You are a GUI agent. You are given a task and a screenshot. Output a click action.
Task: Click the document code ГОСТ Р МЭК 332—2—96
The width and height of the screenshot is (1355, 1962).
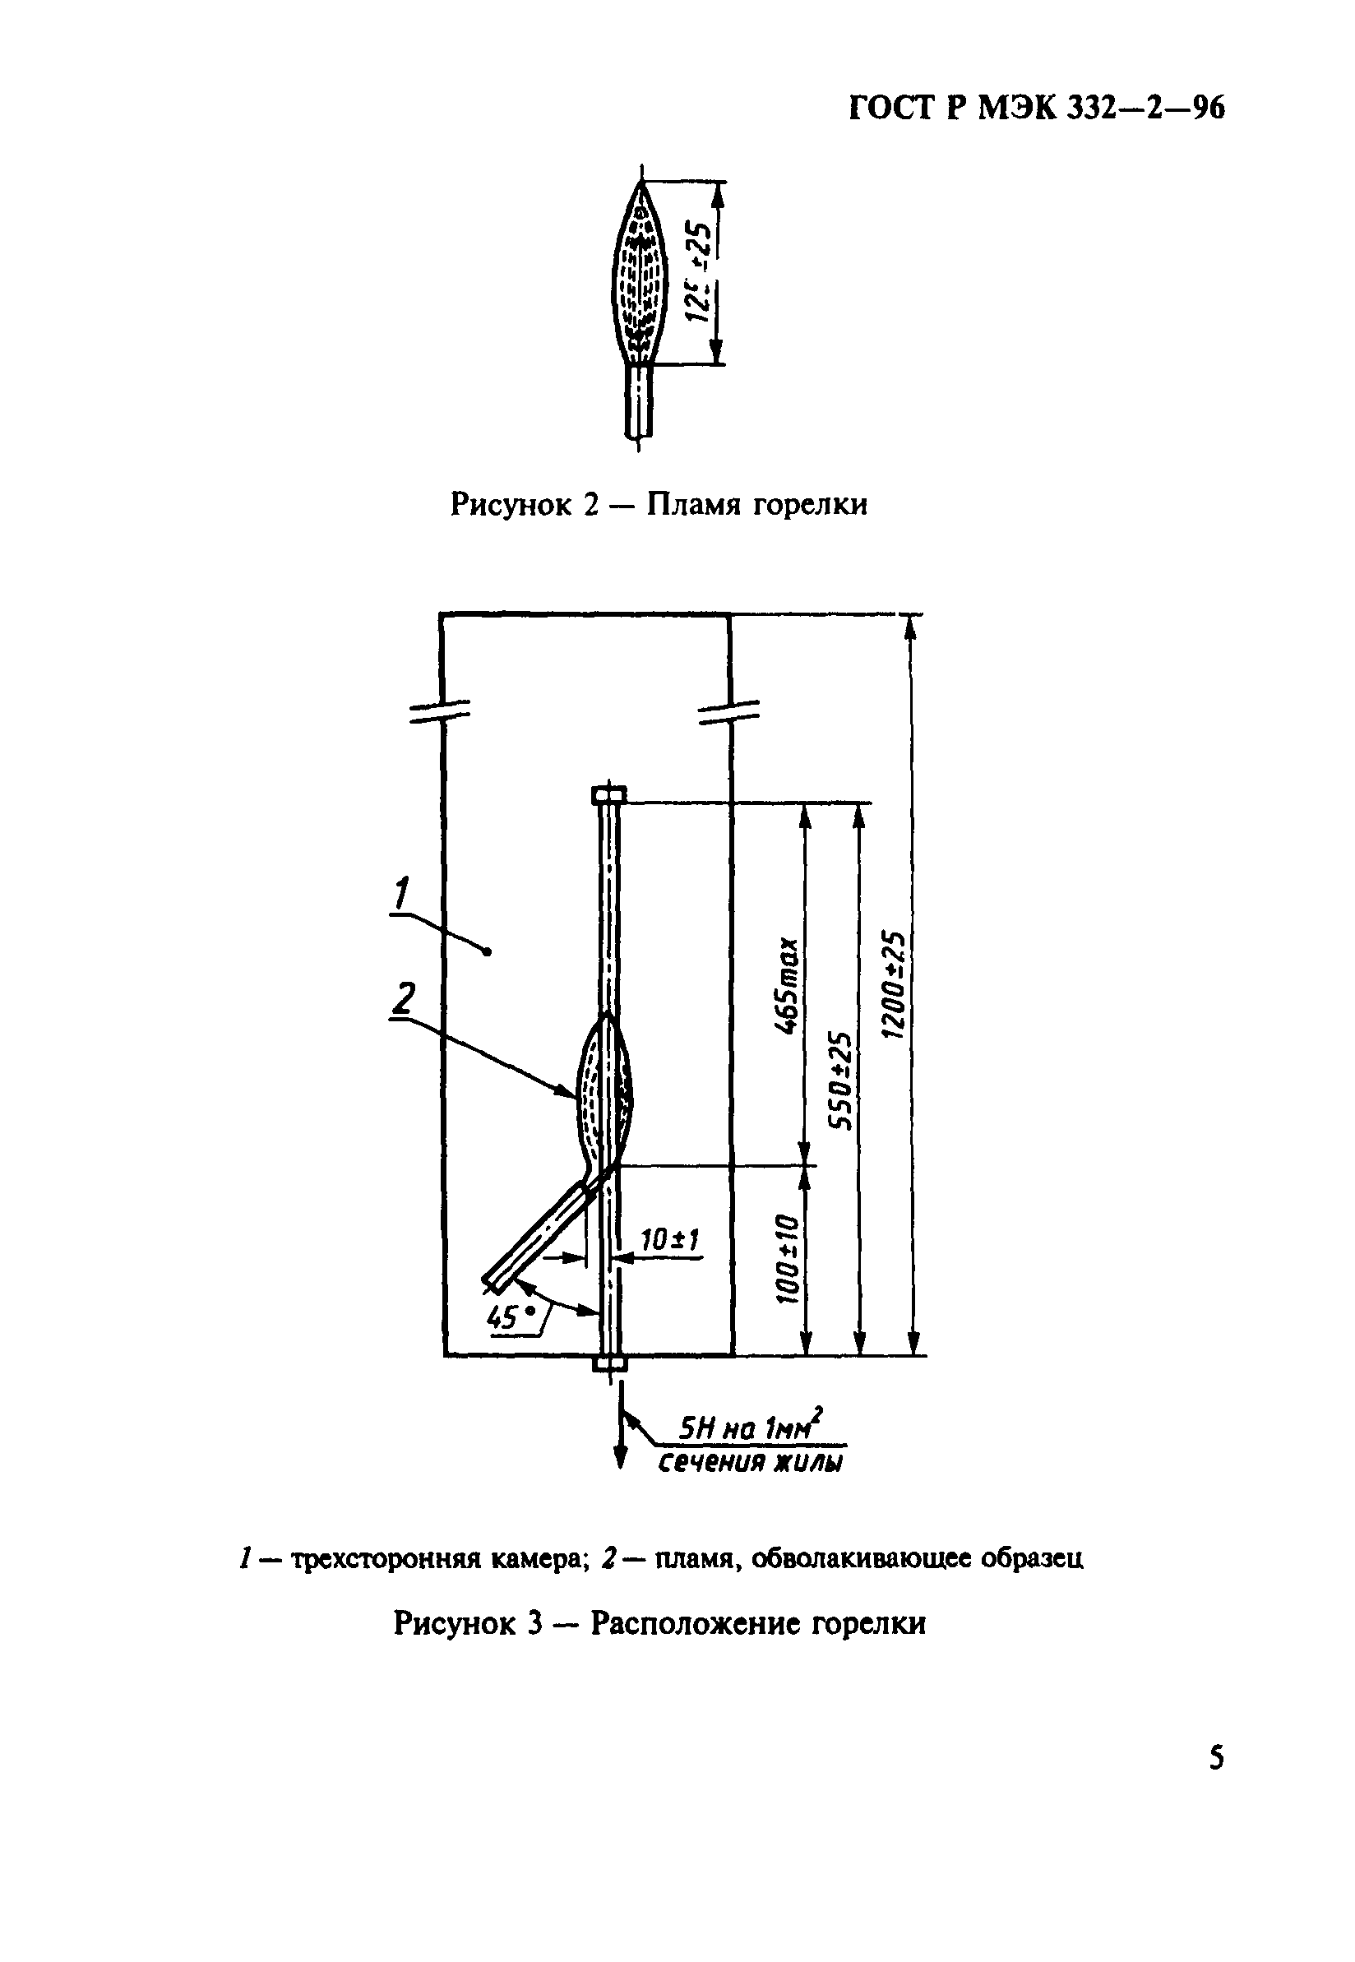pyautogui.click(x=1037, y=109)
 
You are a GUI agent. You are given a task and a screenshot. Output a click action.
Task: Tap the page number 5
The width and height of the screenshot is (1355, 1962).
pyautogui.click(x=1217, y=1756)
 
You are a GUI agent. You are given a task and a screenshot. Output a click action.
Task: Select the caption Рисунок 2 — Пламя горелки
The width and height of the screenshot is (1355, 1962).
pyautogui.click(x=659, y=504)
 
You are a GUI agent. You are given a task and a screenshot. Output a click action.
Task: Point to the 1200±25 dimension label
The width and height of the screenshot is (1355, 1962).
pyautogui.click(x=893, y=985)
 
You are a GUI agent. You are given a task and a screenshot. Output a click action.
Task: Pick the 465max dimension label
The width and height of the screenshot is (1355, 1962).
pyautogui.click(x=788, y=986)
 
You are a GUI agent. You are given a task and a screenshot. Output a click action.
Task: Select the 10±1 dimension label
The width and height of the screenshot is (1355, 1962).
pyautogui.click(x=669, y=1240)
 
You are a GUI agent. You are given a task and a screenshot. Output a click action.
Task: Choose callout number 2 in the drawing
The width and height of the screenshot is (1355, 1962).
pyautogui.click(x=405, y=998)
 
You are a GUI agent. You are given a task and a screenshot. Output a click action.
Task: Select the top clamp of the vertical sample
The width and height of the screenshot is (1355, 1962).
pyautogui.click(x=608, y=794)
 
